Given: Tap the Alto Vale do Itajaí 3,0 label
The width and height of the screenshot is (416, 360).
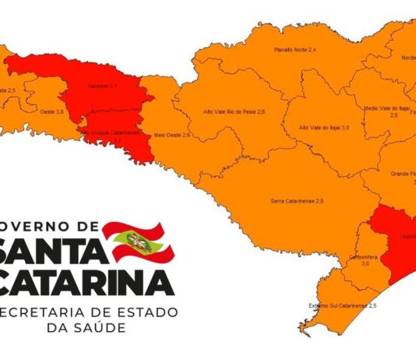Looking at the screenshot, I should [x=324, y=126].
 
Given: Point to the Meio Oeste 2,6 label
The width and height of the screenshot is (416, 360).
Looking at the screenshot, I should [x=174, y=135].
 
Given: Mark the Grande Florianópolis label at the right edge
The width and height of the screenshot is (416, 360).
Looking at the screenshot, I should [x=400, y=177].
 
